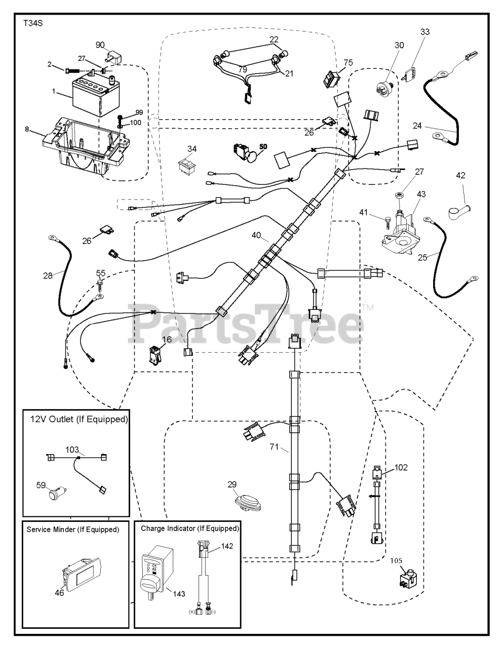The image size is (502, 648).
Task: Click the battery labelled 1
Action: coord(90,97)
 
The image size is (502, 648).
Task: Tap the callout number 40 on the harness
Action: coord(257,235)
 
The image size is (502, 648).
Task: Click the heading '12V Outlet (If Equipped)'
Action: coord(79,420)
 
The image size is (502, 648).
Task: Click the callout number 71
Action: coord(275,447)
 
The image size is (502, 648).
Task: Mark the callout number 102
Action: coord(401,467)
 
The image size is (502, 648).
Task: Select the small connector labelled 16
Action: coord(153,355)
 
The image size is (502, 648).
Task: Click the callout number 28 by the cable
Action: coord(48,275)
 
